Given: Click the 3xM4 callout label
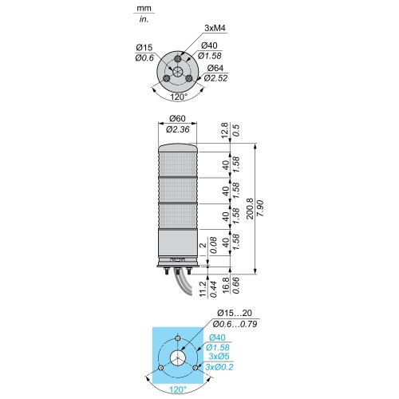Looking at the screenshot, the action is point(215,28).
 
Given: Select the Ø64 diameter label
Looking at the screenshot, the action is point(215,68).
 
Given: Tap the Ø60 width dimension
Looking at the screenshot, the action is point(177,118).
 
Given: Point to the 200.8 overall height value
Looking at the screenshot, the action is point(251,209).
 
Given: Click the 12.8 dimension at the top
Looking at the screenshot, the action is point(225,130).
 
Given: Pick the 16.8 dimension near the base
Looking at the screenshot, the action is point(226,285).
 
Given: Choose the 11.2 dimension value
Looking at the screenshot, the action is point(203,289).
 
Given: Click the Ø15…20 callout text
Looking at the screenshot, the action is point(235,313).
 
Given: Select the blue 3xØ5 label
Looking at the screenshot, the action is point(219,356).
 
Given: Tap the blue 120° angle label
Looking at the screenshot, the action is point(178,390).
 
